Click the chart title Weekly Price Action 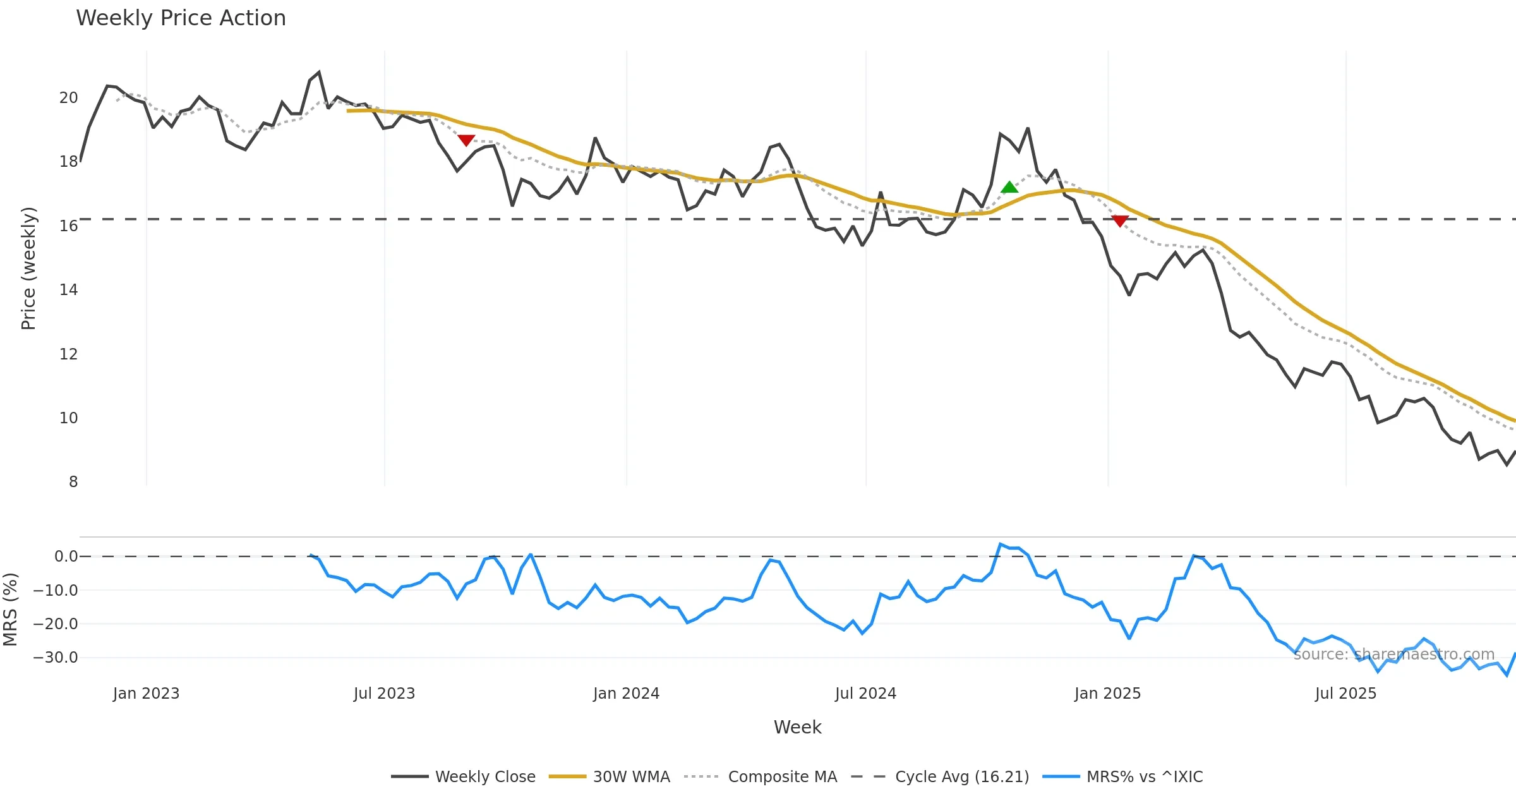pyautogui.click(x=181, y=18)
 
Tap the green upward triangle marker pyautogui.click(x=1009, y=187)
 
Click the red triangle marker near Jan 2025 pyautogui.click(x=1120, y=220)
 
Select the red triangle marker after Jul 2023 pyautogui.click(x=466, y=140)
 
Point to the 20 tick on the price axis pyautogui.click(x=68, y=98)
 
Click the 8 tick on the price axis pyautogui.click(x=73, y=482)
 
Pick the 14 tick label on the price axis pyautogui.click(x=68, y=290)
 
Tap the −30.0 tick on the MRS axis pyautogui.click(x=56, y=658)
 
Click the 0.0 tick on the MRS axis pyautogui.click(x=66, y=557)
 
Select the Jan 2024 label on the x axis pyautogui.click(x=626, y=694)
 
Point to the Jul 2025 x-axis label pyautogui.click(x=1345, y=694)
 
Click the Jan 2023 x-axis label pyautogui.click(x=146, y=694)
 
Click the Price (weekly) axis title pyautogui.click(x=28, y=268)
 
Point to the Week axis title pyautogui.click(x=797, y=727)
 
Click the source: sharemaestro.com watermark pyautogui.click(x=1393, y=654)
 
